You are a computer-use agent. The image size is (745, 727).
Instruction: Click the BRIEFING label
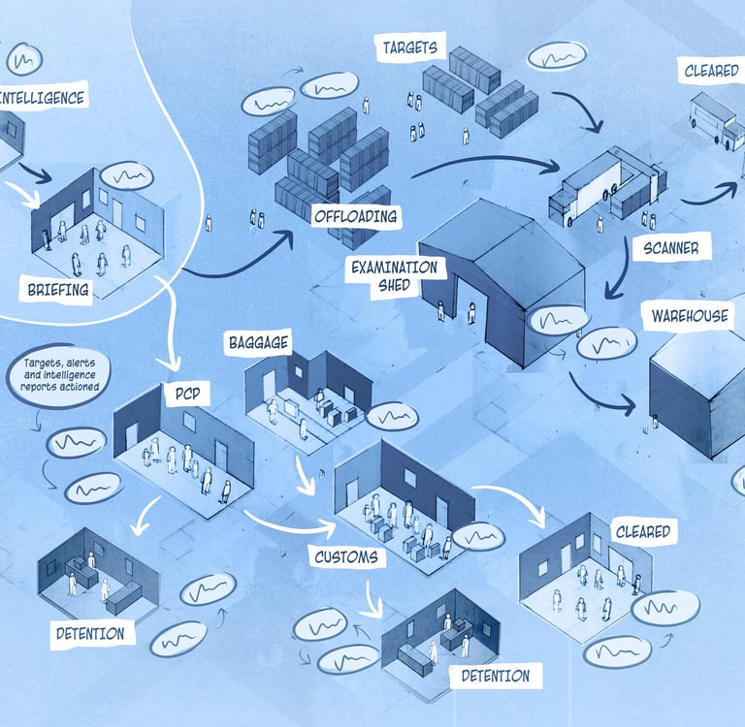[56, 288]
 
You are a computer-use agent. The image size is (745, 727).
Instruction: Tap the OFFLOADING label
[354, 215]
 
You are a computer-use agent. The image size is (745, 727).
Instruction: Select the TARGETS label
[409, 47]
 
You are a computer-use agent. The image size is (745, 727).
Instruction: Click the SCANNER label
[670, 248]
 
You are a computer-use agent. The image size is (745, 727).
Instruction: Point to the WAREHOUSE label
[691, 316]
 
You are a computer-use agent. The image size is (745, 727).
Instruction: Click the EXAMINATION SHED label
[396, 275]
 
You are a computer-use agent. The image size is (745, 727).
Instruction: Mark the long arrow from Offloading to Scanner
[485, 162]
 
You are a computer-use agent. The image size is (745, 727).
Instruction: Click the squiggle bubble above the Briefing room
[127, 176]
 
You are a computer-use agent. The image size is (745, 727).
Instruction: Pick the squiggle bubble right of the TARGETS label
[558, 55]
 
